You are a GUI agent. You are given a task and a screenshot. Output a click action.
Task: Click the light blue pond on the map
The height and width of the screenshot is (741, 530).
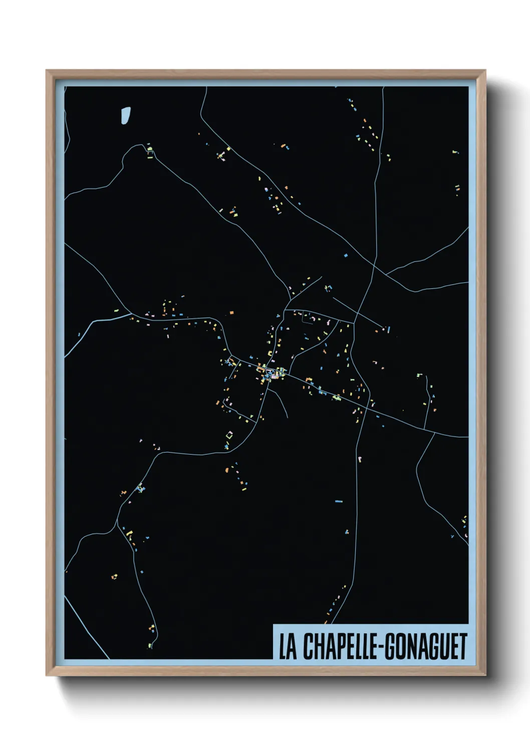(x=125, y=115)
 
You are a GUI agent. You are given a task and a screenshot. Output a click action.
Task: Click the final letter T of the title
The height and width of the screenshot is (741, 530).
(x=462, y=646)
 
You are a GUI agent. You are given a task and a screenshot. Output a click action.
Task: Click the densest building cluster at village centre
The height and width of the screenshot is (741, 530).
(x=271, y=373)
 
